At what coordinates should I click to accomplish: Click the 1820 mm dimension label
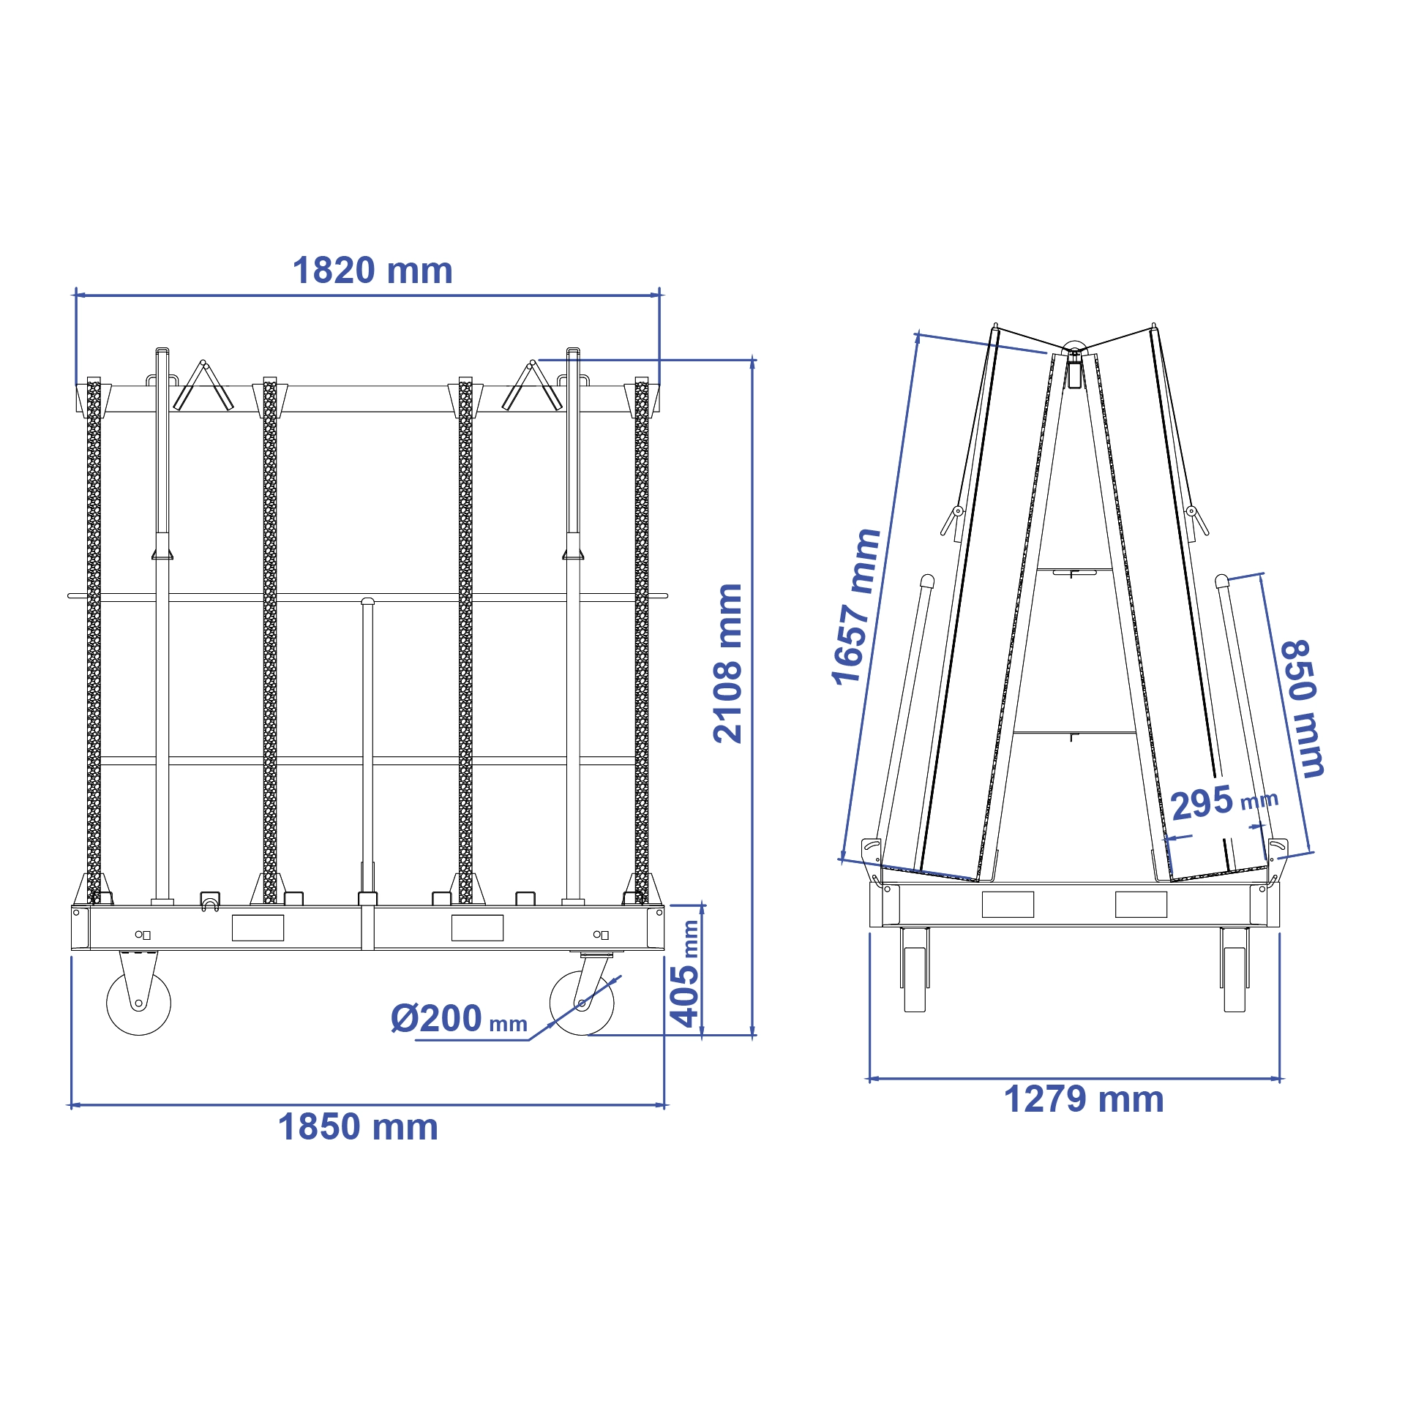[x=372, y=271]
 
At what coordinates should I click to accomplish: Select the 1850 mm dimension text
[x=358, y=1127]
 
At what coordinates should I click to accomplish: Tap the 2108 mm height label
[x=728, y=663]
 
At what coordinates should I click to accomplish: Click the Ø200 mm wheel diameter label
[x=458, y=1019]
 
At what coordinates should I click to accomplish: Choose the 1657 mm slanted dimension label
[x=855, y=606]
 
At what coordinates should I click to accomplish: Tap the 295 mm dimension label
[x=1223, y=802]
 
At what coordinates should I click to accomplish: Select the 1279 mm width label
[x=1083, y=1099]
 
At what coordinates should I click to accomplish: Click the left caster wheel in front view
[x=138, y=1003]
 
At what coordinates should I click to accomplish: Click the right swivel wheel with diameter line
[x=582, y=1003]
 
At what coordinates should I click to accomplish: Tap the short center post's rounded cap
[x=367, y=601]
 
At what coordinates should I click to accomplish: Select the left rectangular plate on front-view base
[x=258, y=927]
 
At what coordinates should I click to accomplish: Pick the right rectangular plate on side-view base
[x=1140, y=905]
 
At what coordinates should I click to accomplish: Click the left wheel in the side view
[x=915, y=979]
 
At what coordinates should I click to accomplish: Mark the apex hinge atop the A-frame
[x=1074, y=352]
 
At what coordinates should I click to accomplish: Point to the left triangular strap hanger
[x=203, y=387]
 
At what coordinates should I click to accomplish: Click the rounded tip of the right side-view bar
[x=1221, y=581]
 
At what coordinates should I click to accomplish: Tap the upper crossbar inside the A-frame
[x=1074, y=570]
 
